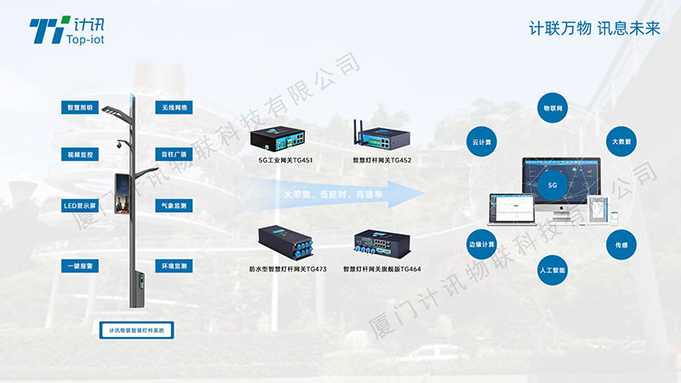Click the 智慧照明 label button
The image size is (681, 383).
[81, 108]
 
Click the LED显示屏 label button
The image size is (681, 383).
[81, 206]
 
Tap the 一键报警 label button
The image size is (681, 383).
[81, 266]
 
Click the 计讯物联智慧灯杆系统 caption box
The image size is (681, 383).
[136, 329]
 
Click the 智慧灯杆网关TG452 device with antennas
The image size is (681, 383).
[381, 136]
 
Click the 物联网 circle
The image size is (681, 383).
[552, 110]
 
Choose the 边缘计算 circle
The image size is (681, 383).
[482, 244]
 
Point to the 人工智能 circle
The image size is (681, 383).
[552, 270]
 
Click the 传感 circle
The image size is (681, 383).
[621, 245]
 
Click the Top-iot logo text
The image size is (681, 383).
[80, 39]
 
